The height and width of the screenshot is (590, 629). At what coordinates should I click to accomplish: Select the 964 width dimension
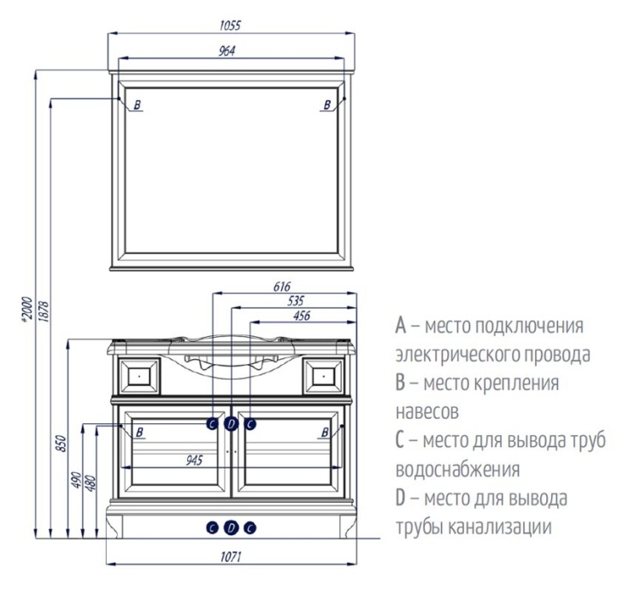click(x=226, y=51)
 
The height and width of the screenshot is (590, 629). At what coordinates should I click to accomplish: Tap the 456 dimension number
click(x=302, y=316)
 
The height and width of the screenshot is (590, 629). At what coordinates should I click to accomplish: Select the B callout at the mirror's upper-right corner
click(x=326, y=105)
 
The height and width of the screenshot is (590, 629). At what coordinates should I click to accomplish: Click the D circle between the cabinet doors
click(x=231, y=422)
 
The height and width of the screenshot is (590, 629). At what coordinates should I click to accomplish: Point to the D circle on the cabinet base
click(x=231, y=528)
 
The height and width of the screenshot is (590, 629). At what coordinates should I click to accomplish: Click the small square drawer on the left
click(x=138, y=374)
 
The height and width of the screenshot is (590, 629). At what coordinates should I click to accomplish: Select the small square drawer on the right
click(x=325, y=374)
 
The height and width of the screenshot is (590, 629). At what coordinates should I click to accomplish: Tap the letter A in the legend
click(x=400, y=327)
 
